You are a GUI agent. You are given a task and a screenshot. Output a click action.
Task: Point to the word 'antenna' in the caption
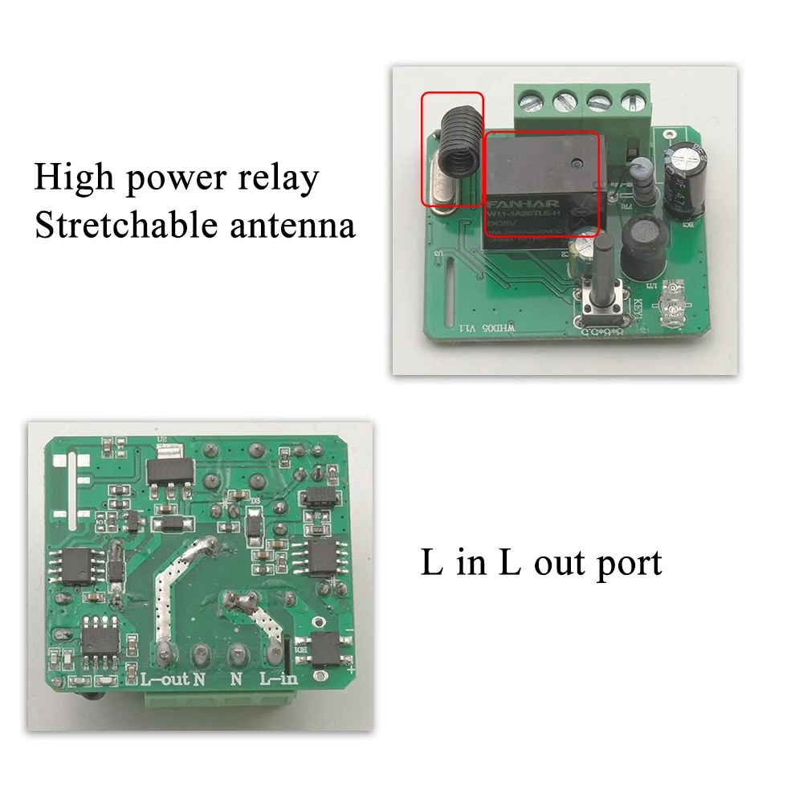click(291, 226)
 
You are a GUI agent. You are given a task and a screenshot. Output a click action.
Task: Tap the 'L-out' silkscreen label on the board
click(165, 679)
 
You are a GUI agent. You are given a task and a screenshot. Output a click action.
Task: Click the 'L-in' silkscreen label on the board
click(279, 679)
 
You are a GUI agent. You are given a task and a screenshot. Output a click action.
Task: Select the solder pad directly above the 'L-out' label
click(165, 651)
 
